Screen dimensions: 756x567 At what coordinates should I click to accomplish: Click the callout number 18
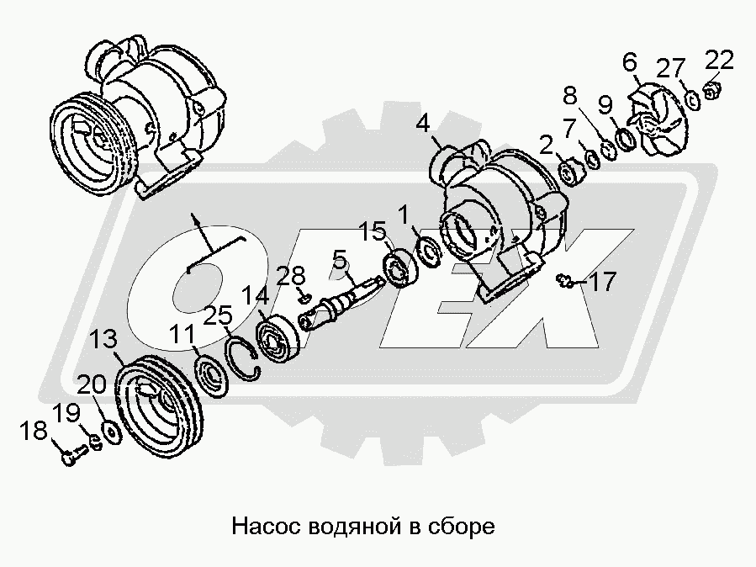pos(34,431)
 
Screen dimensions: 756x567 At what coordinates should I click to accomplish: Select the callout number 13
pos(104,339)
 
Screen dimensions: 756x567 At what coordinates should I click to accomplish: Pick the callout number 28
pos(291,277)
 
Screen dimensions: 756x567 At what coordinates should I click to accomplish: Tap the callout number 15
pos(373,232)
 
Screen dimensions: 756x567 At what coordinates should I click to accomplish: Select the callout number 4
pos(422,124)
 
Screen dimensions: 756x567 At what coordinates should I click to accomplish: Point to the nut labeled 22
pos(711,90)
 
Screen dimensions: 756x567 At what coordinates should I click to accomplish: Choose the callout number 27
pos(671,68)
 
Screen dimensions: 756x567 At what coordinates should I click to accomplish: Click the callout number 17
pos(602,282)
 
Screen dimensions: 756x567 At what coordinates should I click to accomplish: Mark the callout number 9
pos(605,104)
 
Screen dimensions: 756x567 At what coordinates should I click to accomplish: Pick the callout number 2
pos(546,146)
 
